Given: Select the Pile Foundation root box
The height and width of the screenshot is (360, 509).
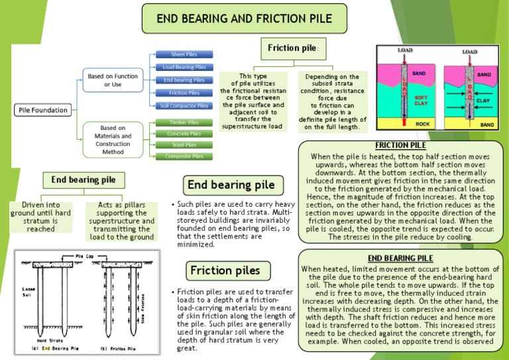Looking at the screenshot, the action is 42,109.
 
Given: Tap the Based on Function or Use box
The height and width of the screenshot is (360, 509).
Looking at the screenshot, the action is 113,81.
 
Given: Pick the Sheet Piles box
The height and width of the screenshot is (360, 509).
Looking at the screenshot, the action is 184,54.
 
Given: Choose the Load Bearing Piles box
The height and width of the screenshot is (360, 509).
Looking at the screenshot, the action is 184,67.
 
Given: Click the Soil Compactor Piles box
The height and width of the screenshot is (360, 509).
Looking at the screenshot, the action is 184,105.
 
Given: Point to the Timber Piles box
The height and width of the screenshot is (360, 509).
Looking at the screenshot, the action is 184,122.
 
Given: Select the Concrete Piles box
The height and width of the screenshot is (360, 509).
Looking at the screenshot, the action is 184,133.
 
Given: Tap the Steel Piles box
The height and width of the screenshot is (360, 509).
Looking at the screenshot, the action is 184,145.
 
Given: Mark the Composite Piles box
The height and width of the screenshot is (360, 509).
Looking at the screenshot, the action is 184,156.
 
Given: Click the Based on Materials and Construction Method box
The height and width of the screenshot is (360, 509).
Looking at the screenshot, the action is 113,139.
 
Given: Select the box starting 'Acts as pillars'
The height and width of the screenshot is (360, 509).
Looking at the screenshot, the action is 121,222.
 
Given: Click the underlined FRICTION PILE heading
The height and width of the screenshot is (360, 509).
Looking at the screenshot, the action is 400,145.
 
